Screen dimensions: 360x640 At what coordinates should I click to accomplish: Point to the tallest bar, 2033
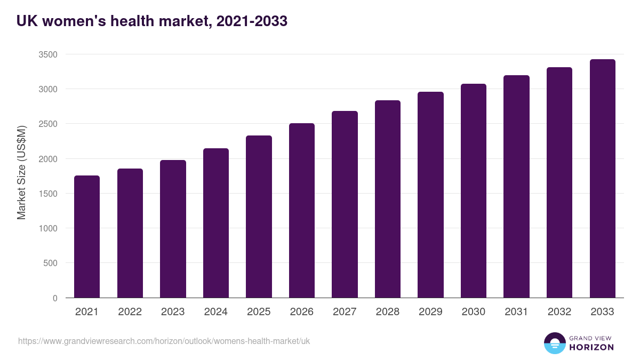tap(602, 179)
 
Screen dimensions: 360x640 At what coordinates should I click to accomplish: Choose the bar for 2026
tap(302, 210)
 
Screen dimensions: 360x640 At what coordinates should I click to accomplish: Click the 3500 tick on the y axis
tap(48, 54)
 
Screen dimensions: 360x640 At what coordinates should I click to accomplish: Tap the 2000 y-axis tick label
tap(48, 159)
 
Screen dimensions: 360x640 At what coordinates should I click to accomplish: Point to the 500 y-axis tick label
tap(50, 263)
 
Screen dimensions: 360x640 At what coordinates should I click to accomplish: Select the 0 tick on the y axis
tap(55, 298)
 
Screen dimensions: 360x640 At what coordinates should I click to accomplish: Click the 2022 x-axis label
tap(130, 312)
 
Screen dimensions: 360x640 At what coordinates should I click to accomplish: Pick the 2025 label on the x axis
tap(259, 312)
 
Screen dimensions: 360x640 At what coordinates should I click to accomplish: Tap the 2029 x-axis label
tap(430, 312)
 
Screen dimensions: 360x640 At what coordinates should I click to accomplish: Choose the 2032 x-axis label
tap(559, 312)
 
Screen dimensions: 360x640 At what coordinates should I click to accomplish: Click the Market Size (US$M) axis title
tap(21, 172)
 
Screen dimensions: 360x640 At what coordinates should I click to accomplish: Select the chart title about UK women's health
tap(152, 21)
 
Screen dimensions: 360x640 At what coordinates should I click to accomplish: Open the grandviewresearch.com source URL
tap(164, 341)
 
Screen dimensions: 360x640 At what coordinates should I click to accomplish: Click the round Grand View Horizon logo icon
tap(555, 343)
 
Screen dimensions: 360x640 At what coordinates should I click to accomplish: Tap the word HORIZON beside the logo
tap(591, 347)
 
